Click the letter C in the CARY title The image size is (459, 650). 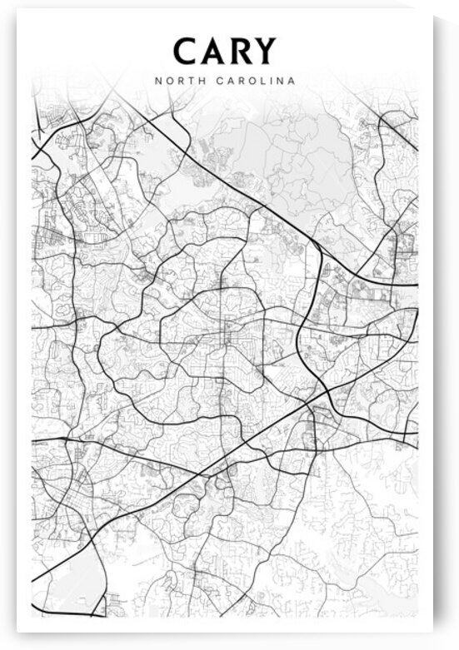coord(186,52)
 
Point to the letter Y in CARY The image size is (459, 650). coord(264,52)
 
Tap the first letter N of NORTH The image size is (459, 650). coord(157,82)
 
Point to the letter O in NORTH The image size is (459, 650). coord(167,82)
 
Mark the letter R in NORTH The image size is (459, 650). coord(177,82)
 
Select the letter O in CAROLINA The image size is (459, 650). coord(247,82)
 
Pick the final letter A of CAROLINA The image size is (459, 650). coord(292,82)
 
